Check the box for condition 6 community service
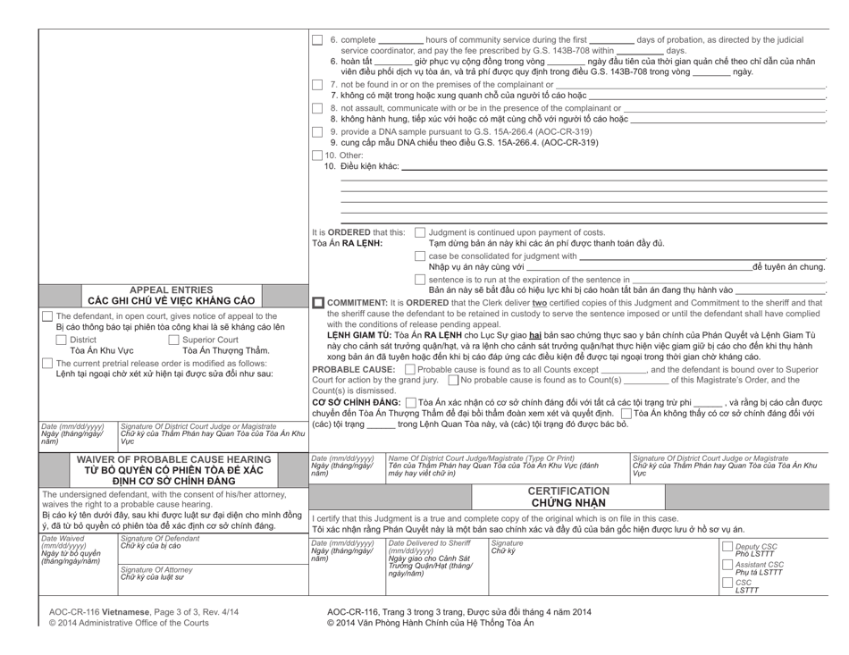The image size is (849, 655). pos(317,40)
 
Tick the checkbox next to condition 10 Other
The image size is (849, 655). pos(317,155)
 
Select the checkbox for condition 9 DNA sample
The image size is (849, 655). pos(317,131)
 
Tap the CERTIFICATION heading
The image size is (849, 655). pos(571,491)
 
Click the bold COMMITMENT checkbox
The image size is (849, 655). pos(317,303)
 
